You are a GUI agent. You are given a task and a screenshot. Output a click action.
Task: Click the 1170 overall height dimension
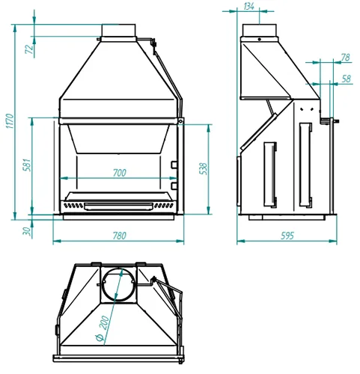pos(10,121)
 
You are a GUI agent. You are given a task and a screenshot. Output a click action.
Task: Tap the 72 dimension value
pos(29,49)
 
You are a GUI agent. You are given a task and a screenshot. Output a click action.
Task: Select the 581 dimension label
pos(27,165)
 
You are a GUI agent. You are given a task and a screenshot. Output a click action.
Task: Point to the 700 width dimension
pos(120,173)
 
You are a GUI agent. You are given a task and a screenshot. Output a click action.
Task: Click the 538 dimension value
pos(204,168)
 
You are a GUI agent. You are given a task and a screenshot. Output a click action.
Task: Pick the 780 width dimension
pos(120,236)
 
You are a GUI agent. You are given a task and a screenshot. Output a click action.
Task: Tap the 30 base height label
pos(27,231)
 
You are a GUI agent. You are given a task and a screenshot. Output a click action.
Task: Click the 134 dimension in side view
pos(248,6)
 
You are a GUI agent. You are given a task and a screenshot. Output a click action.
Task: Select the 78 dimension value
pos(346,58)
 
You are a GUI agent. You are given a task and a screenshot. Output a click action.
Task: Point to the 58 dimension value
pos(347,79)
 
